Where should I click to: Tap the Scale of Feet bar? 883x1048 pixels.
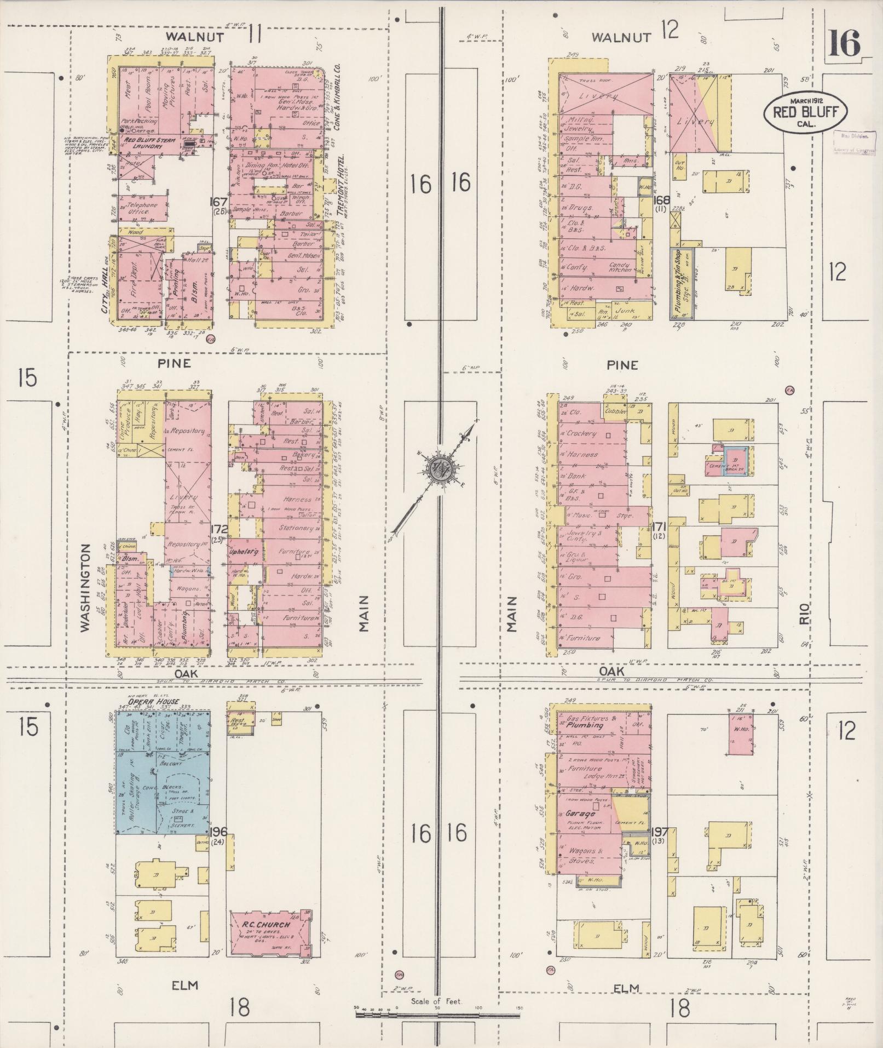[x=437, y=1015]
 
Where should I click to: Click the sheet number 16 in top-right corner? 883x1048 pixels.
[x=844, y=44]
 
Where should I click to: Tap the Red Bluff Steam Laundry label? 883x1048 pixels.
[x=149, y=143]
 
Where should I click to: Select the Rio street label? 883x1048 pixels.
[x=804, y=617]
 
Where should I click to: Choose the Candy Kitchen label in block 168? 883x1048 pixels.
[x=622, y=267]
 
